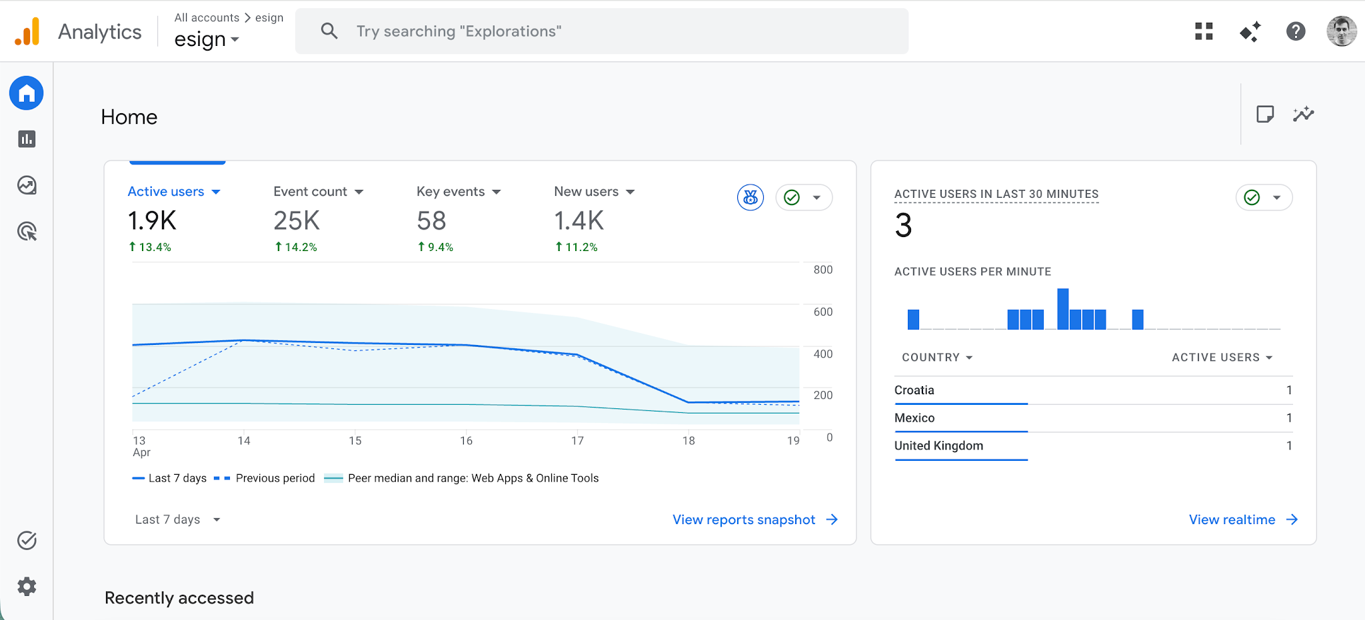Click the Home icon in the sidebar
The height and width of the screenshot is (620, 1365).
click(27, 93)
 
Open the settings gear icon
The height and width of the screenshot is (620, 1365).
click(27, 587)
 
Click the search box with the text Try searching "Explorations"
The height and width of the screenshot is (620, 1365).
click(600, 31)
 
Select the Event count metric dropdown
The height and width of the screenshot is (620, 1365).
click(318, 192)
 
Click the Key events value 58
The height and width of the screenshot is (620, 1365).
click(431, 221)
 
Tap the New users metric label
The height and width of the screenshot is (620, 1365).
click(587, 192)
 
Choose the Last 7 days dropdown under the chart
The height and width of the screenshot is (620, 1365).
click(177, 519)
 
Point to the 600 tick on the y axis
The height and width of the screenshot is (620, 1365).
click(822, 312)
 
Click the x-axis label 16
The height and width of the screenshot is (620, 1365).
click(466, 441)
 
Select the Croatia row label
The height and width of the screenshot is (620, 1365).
click(914, 390)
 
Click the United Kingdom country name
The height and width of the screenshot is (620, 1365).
click(938, 446)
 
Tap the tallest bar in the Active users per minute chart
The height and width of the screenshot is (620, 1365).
click(1063, 309)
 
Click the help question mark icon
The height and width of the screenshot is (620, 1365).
click(1295, 31)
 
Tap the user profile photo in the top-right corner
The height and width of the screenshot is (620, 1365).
click(1341, 31)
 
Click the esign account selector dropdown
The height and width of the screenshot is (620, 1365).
click(206, 40)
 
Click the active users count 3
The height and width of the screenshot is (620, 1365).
click(903, 226)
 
